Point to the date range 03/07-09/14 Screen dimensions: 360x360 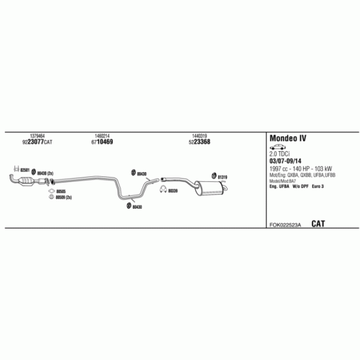(x=285, y=161)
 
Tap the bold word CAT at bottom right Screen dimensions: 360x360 (x=318, y=224)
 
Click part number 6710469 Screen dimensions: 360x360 (x=102, y=142)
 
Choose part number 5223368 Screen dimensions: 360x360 (x=199, y=142)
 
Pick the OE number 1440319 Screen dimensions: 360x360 (x=199, y=136)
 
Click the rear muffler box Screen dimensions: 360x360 (x=208, y=187)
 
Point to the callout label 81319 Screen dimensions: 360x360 (x=223, y=177)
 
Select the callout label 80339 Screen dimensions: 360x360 (x=173, y=191)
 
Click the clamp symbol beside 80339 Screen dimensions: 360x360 (x=162, y=191)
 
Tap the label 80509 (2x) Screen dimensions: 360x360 (x=64, y=198)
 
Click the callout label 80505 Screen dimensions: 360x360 (x=61, y=191)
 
